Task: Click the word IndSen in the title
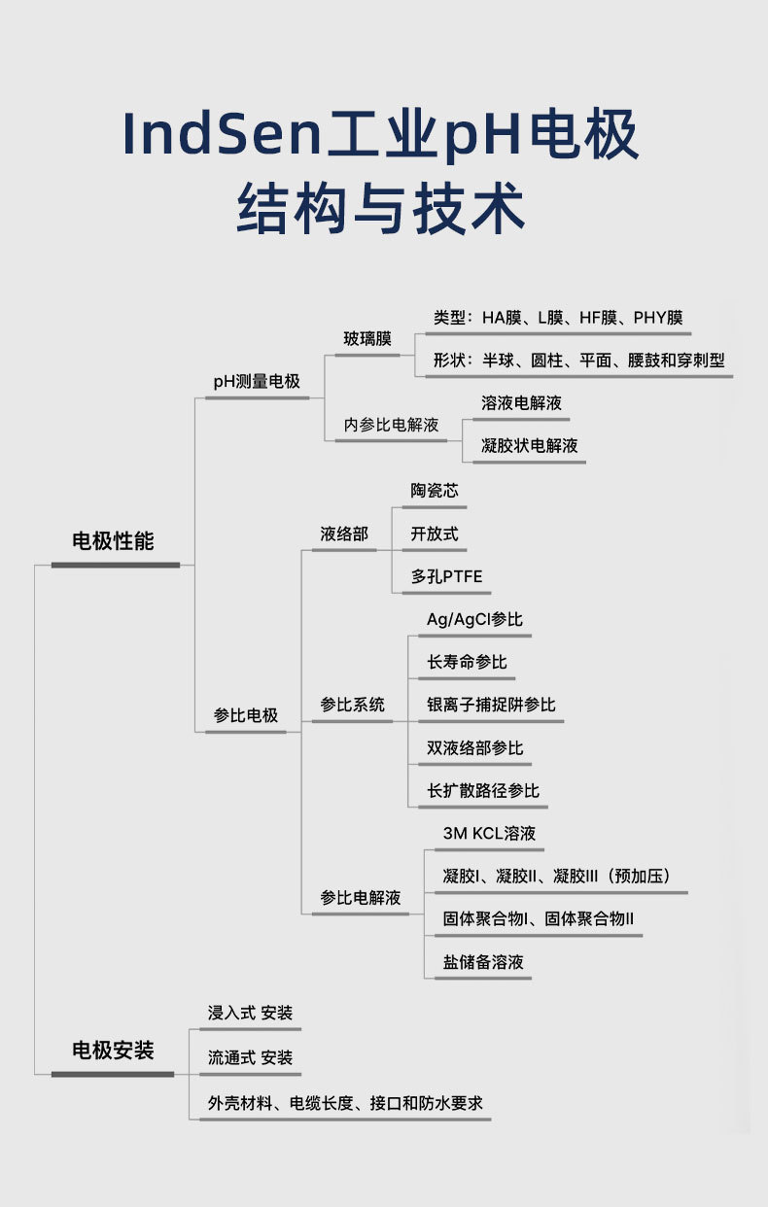[223, 134]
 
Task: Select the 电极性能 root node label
[114, 541]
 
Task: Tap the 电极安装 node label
[113, 1051]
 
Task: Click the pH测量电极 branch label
[257, 382]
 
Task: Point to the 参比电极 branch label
[246, 715]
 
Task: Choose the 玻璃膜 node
[367, 339]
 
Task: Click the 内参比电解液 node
[391, 425]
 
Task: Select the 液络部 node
[345, 534]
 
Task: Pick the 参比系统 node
[353, 705]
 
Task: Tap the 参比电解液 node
[361, 897]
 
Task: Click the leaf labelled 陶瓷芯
[435, 491]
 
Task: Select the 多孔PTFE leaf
[446, 576]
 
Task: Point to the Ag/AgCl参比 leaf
[474, 619]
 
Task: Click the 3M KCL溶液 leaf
[489, 833]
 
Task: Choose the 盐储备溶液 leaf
[483, 962]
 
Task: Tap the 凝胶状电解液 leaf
[530, 446]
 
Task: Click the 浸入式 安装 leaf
[250, 1013]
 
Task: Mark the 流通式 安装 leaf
[250, 1057]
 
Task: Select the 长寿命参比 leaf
[467, 662]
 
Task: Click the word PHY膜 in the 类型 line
[658, 318]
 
